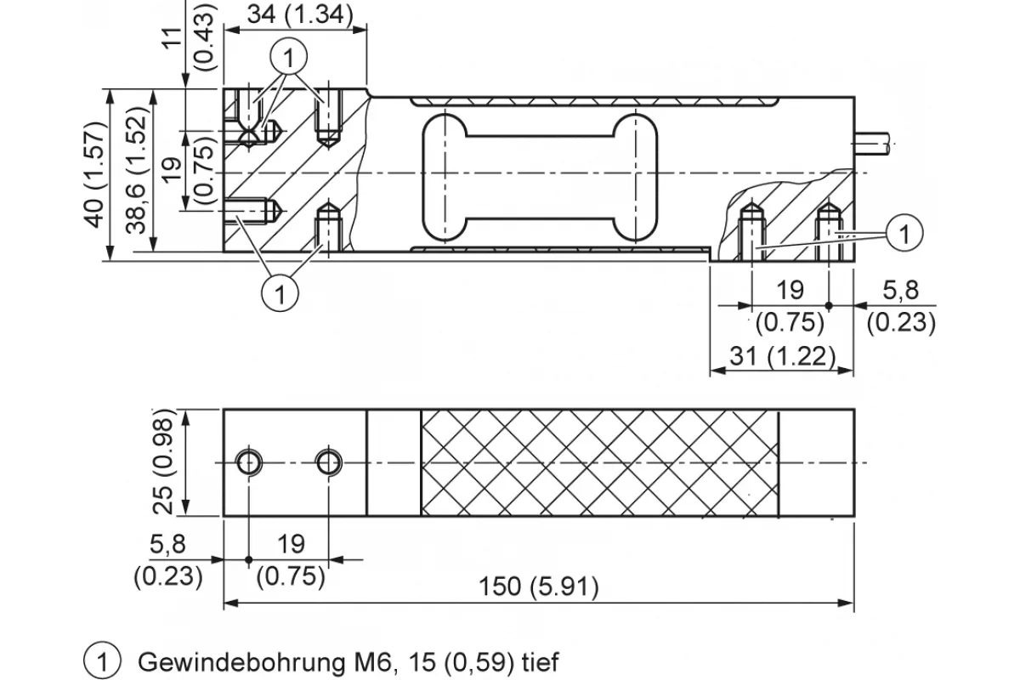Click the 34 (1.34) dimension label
coord(300,14)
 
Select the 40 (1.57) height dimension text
coord(94,174)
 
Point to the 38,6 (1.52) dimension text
coord(136,170)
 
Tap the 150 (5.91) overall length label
coord(539,586)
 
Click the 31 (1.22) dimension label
coord(783,356)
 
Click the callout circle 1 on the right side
coord(904,233)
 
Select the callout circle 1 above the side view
coord(289,57)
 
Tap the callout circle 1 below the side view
coord(280,293)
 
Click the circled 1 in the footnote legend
coord(103,660)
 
